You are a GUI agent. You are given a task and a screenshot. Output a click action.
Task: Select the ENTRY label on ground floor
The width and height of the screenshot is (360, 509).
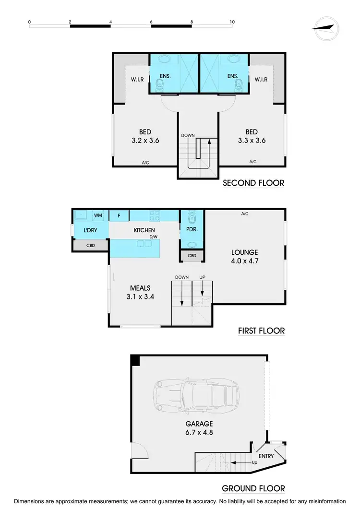(x=265, y=456)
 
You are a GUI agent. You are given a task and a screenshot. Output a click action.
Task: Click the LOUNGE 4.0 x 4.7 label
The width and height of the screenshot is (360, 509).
(x=244, y=257)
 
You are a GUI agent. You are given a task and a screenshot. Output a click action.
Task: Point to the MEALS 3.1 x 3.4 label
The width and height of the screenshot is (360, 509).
(x=140, y=292)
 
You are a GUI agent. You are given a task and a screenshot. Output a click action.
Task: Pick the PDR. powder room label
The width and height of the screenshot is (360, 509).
(x=192, y=230)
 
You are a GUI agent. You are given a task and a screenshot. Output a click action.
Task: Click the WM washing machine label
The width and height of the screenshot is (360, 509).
(x=98, y=216)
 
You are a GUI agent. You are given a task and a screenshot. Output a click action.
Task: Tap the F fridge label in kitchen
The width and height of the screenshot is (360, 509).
(x=119, y=216)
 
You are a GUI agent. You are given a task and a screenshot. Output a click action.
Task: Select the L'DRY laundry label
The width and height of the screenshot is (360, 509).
(x=90, y=230)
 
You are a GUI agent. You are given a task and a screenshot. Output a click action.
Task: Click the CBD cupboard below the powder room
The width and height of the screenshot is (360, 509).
(x=192, y=256)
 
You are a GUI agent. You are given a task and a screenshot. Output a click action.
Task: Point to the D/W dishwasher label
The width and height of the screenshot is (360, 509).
(x=153, y=237)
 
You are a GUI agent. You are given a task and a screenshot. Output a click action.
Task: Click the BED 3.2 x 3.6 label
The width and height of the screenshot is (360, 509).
(x=144, y=136)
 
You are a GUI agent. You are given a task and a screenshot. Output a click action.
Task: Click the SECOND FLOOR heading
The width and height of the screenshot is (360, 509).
(x=253, y=183)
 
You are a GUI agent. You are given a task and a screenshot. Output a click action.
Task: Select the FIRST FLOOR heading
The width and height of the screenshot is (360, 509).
(x=261, y=331)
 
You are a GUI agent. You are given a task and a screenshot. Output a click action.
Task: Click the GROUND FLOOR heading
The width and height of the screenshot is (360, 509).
(x=253, y=488)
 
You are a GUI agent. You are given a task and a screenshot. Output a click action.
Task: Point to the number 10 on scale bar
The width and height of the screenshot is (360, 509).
(x=232, y=22)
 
